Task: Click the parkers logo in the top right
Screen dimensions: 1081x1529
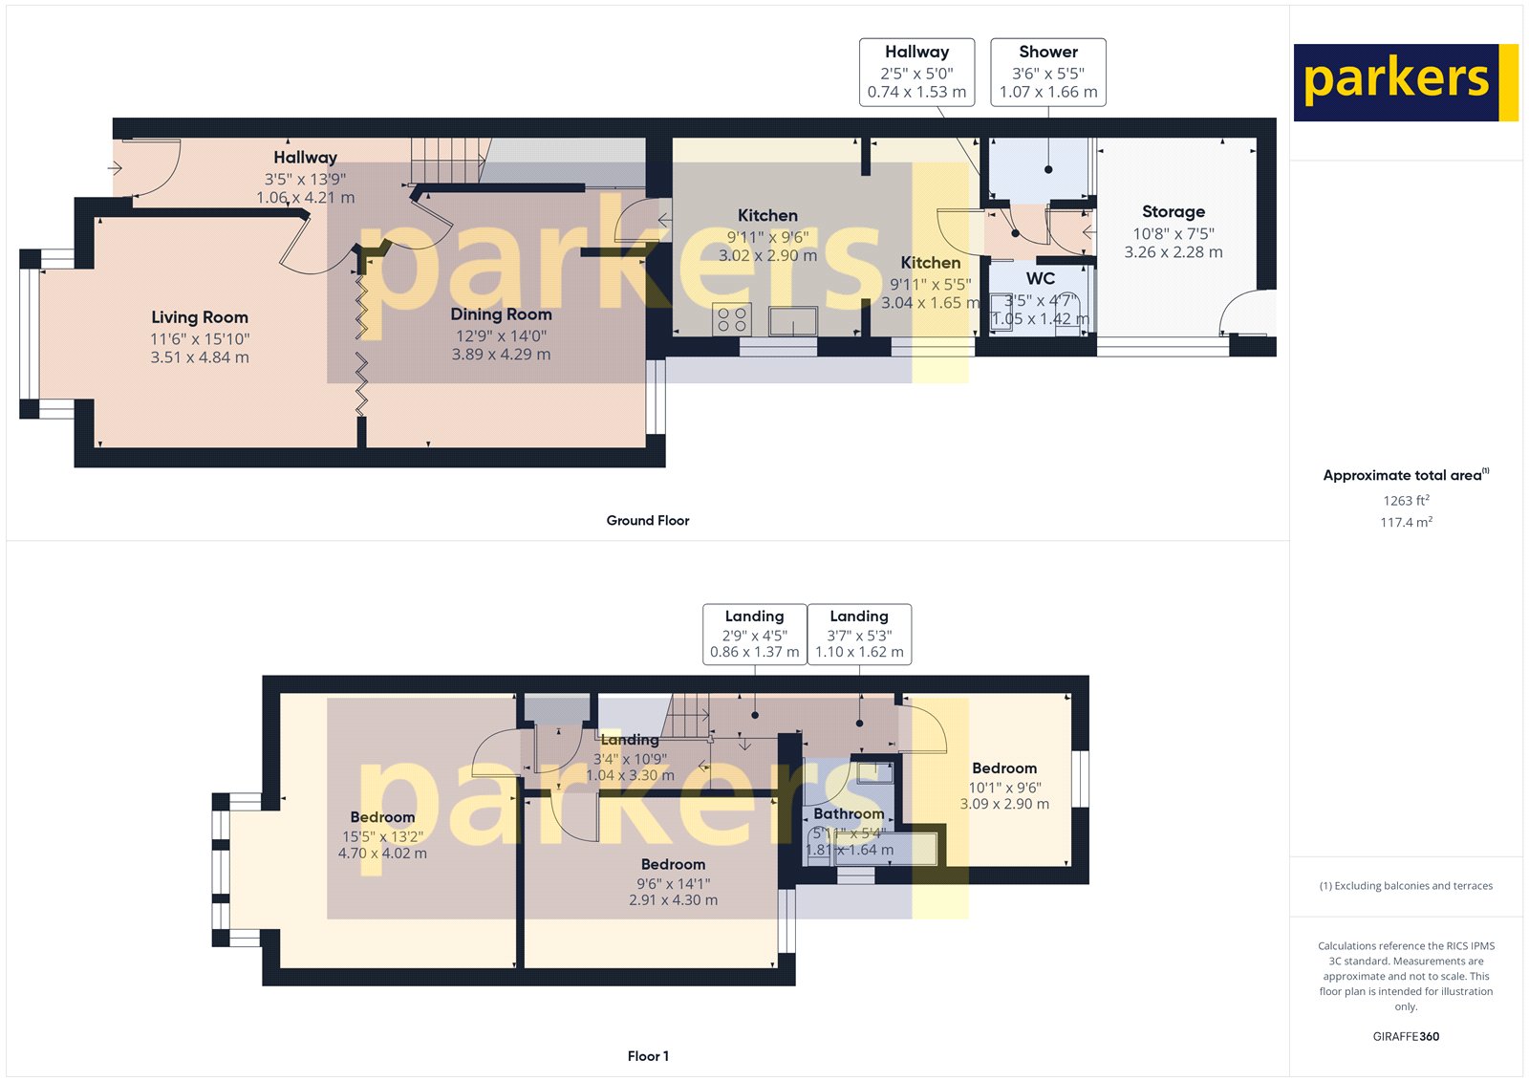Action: (x=1405, y=82)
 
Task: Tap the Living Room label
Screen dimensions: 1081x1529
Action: (x=200, y=317)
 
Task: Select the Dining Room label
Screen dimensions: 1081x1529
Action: (x=501, y=314)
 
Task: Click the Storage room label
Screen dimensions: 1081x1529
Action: (x=1174, y=212)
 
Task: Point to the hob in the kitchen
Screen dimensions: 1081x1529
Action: (x=732, y=319)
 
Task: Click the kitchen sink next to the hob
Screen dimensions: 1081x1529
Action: (x=793, y=321)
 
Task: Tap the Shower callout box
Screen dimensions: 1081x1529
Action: (x=1048, y=72)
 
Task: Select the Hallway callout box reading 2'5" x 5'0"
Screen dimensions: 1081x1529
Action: (x=916, y=72)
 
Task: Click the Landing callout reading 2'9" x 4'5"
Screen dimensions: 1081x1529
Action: (x=754, y=634)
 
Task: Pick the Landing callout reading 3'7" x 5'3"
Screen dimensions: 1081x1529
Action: (x=859, y=634)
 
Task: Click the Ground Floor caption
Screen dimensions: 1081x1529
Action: (x=648, y=521)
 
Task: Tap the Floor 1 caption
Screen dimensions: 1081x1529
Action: (x=648, y=1056)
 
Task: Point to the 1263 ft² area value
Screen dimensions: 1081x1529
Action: (x=1406, y=501)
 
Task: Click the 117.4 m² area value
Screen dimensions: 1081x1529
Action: (x=1406, y=523)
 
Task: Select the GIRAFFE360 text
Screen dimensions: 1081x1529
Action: (x=1406, y=1036)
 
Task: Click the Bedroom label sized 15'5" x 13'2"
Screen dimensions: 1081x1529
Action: (x=382, y=817)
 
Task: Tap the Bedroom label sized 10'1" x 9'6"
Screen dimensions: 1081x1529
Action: (x=1004, y=768)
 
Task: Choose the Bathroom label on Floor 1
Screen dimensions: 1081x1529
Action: (x=849, y=814)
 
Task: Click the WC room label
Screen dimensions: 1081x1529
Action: (x=1041, y=279)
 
